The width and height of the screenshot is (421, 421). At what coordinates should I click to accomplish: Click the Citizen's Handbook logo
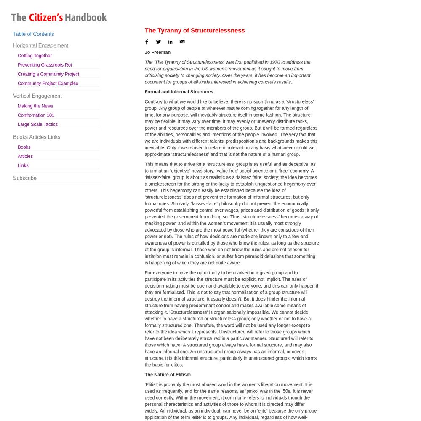tap(59, 18)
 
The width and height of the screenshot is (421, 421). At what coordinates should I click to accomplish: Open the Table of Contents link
tap(33, 34)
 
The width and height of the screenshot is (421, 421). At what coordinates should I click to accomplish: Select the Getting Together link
tap(35, 56)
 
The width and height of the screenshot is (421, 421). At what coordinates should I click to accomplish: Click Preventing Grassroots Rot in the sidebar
tap(45, 65)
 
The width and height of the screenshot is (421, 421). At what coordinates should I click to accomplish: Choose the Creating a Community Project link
tap(48, 74)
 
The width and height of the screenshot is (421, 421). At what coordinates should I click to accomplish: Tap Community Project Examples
tap(48, 83)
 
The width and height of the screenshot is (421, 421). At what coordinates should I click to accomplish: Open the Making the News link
tap(35, 106)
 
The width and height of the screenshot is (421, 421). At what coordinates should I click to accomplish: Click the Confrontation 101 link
tap(36, 115)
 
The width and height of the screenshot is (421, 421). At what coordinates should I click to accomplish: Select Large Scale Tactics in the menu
tap(37, 125)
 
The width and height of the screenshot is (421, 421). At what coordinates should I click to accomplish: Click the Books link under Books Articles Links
tap(24, 147)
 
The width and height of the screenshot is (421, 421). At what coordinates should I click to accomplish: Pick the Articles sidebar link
tap(25, 157)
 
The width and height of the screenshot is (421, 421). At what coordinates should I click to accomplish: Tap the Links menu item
tap(23, 166)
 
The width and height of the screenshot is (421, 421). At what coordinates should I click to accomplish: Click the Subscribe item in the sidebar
tap(25, 178)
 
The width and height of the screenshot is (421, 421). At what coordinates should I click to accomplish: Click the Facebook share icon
tap(147, 42)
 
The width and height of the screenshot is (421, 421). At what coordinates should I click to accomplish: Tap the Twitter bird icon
tap(158, 42)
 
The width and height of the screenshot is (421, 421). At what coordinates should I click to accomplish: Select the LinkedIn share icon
tap(170, 42)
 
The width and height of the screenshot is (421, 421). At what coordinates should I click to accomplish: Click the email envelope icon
tap(182, 42)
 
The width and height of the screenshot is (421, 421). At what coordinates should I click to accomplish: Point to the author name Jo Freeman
tap(157, 53)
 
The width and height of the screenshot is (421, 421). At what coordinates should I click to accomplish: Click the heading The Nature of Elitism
tap(168, 375)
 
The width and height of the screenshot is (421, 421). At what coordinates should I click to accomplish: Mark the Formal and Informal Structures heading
tap(179, 92)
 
